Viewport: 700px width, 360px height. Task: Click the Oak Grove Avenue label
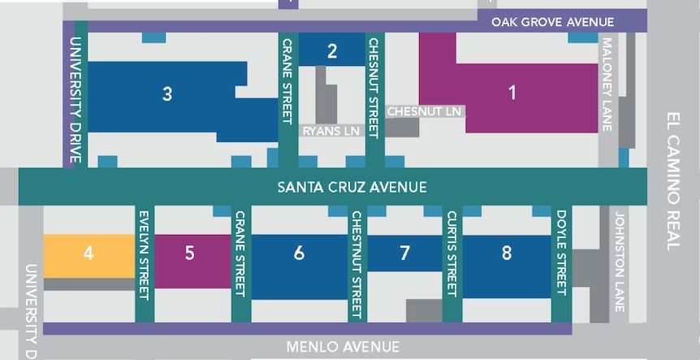tap(559, 22)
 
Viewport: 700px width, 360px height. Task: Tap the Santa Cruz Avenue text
tap(352, 188)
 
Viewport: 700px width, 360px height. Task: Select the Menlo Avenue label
tap(343, 347)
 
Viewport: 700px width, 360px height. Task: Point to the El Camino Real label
tap(673, 180)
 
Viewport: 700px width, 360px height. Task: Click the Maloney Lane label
tap(607, 85)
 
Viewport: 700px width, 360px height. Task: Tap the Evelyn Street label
tap(144, 253)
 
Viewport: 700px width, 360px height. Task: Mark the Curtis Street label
tap(452, 254)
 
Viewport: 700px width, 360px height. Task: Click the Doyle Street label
tap(561, 252)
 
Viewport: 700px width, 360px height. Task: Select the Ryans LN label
tap(330, 131)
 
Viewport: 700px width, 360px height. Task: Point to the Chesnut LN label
tap(424, 111)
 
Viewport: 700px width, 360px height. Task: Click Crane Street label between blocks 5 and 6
tap(240, 254)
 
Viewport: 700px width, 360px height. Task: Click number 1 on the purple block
tap(512, 93)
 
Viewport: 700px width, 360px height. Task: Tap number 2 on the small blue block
tap(331, 52)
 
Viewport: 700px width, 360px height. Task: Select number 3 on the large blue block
tap(166, 93)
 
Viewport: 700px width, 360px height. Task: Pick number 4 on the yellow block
tap(89, 253)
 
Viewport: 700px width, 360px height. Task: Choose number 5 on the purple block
tap(189, 253)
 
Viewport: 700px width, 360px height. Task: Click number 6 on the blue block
tap(299, 253)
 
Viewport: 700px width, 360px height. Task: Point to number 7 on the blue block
tap(404, 253)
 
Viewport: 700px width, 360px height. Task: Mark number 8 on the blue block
tap(507, 253)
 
